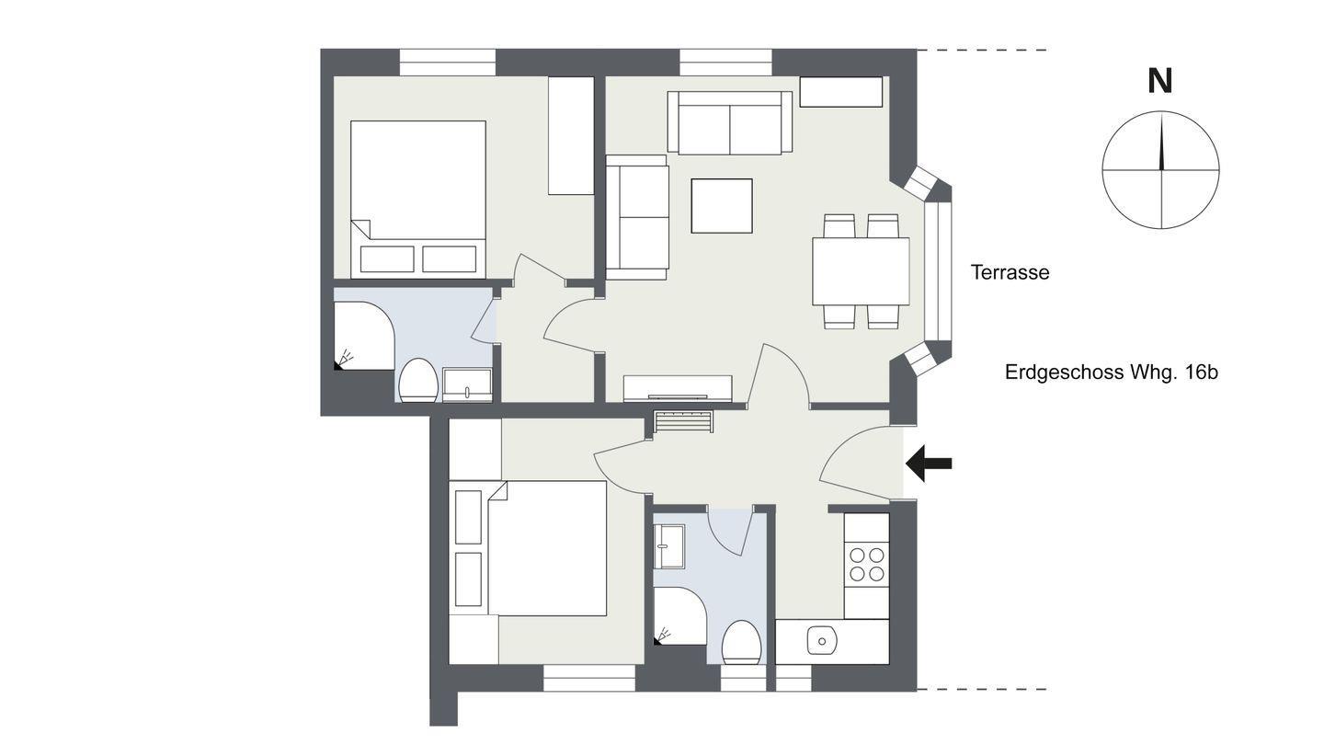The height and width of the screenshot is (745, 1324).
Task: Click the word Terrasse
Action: (1010, 272)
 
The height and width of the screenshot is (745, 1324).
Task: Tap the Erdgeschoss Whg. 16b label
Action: (1112, 372)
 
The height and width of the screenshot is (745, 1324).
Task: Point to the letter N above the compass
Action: (1159, 82)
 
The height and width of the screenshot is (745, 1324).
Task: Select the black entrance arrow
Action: (929, 464)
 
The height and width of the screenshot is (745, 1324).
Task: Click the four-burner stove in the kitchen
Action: (866, 565)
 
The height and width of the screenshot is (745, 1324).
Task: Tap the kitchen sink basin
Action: (822, 641)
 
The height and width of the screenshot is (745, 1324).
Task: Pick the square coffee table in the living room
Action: (722, 206)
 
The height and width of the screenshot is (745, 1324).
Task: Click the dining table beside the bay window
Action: (861, 270)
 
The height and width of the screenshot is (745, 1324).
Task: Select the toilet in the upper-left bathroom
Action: (417, 380)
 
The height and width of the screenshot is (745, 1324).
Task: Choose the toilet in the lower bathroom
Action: (741, 642)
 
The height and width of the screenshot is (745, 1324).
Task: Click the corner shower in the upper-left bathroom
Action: (363, 336)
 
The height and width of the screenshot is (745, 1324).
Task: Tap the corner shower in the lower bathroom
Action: (680, 616)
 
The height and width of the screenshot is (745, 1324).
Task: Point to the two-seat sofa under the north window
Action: (730, 122)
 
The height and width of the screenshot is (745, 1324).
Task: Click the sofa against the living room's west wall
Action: (637, 217)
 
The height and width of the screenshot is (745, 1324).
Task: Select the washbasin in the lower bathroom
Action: (669, 546)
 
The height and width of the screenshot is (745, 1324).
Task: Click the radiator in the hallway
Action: (683, 423)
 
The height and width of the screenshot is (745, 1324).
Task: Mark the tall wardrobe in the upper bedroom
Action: (571, 135)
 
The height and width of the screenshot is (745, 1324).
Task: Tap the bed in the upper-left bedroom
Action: (418, 200)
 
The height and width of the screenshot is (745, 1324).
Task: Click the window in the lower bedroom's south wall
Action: (588, 678)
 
